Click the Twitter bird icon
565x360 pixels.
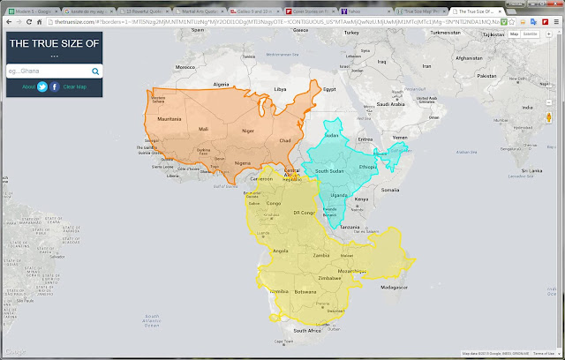(x=41, y=86)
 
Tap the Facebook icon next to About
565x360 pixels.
(x=55, y=86)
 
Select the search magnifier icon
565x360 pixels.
(x=94, y=71)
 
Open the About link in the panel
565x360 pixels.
(x=28, y=86)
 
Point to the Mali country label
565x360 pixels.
(x=205, y=129)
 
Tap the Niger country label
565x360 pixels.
(x=248, y=131)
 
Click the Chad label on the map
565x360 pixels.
(x=285, y=140)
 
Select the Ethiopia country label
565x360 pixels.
(x=368, y=165)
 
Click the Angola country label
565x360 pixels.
(x=282, y=251)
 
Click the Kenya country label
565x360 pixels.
(x=360, y=199)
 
